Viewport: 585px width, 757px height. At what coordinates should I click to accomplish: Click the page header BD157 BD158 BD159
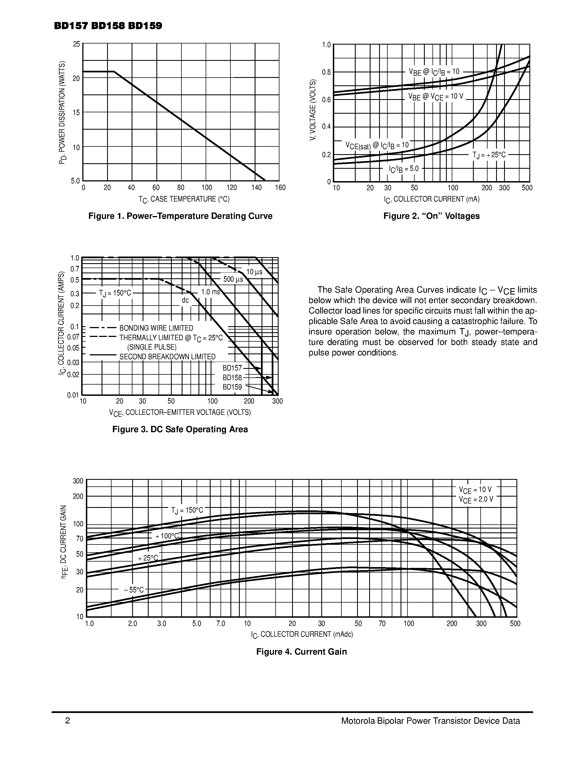click(x=108, y=26)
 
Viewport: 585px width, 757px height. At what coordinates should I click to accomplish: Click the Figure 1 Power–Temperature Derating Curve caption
click(x=180, y=216)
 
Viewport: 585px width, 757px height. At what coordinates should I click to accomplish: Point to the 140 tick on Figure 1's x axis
click(x=257, y=188)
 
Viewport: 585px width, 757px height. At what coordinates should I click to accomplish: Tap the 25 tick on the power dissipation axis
click(x=76, y=44)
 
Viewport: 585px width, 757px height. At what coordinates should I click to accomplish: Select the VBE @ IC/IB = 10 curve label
click(x=434, y=72)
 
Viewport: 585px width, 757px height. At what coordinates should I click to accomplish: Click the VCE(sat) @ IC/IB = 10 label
click(x=377, y=145)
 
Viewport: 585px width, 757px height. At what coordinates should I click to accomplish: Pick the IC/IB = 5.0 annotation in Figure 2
click(x=404, y=169)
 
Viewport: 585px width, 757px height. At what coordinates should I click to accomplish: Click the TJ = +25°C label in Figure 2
click(x=489, y=155)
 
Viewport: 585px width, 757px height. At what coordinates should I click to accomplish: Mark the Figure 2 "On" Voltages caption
click(x=431, y=216)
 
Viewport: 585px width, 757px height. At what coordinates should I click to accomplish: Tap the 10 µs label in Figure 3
click(x=254, y=272)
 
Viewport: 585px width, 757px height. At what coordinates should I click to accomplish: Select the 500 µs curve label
click(x=233, y=279)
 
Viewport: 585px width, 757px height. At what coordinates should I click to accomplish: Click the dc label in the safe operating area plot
click(x=186, y=300)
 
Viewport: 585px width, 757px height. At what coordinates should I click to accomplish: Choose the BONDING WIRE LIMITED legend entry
click(x=156, y=328)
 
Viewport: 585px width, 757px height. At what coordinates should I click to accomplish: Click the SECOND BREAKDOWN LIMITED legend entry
click(x=167, y=357)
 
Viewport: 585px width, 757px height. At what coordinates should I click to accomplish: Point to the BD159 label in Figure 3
click(x=232, y=387)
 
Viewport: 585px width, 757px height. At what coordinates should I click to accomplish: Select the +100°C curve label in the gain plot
click(x=167, y=536)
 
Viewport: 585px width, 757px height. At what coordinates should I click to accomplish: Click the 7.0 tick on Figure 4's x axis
click(x=221, y=623)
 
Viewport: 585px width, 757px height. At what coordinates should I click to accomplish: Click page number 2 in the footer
click(x=67, y=721)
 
